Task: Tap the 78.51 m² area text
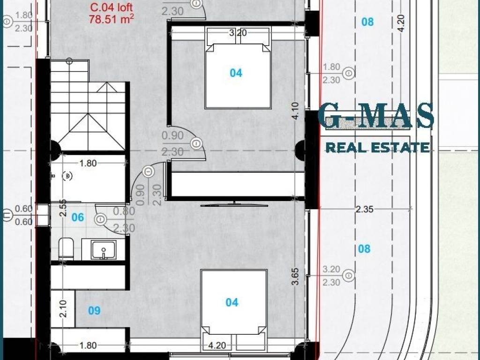pyautogui.click(x=112, y=19)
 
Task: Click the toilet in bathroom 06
pyautogui.click(x=66, y=248)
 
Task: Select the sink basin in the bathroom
pyautogui.click(x=104, y=250)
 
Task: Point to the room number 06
pyautogui.click(x=78, y=217)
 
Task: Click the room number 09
pyautogui.click(x=94, y=311)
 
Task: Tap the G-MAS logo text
pyautogui.click(x=376, y=116)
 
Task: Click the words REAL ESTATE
pyautogui.click(x=377, y=148)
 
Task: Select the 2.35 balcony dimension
pyautogui.click(x=365, y=209)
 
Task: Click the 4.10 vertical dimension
pyautogui.click(x=295, y=111)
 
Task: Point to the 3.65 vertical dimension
pyautogui.click(x=295, y=277)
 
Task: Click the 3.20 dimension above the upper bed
pyautogui.click(x=238, y=32)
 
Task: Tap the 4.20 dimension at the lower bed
pyautogui.click(x=217, y=345)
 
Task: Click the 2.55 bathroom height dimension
pyautogui.click(x=63, y=208)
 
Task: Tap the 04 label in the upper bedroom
pyautogui.click(x=236, y=73)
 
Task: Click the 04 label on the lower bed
pyautogui.click(x=232, y=302)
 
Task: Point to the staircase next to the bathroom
pyautogui.click(x=88, y=105)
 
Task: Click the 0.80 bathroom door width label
pyautogui.click(x=124, y=211)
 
